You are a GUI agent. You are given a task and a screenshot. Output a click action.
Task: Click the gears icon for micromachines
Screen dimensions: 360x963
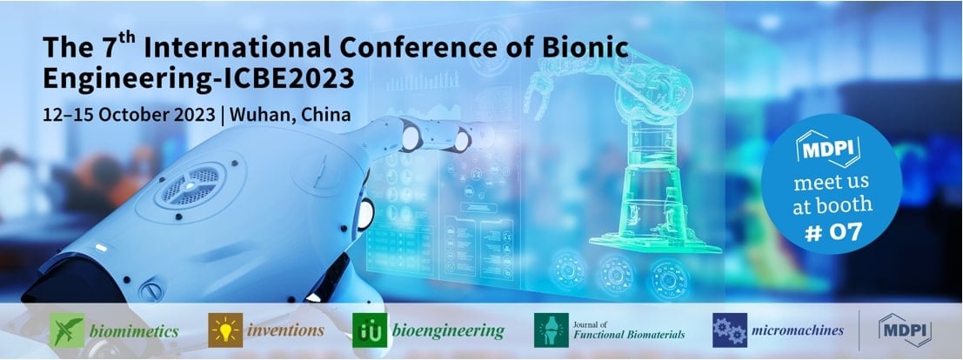(x=728, y=330)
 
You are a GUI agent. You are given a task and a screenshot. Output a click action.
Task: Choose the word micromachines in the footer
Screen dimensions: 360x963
(x=798, y=330)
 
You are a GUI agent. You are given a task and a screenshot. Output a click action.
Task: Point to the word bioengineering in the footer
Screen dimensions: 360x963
(x=447, y=330)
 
